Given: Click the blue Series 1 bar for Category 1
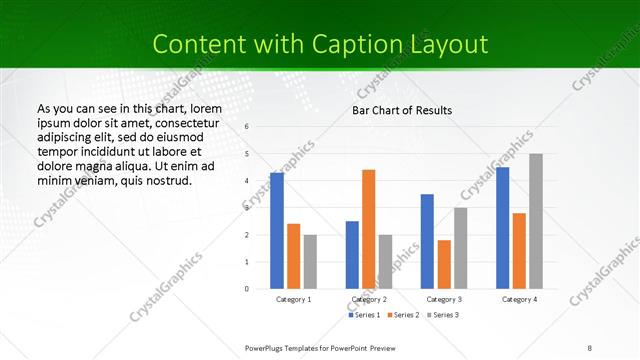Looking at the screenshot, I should tap(277, 231).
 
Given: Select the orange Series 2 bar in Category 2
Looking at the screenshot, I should tap(369, 229).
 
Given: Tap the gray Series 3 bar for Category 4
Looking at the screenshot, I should tap(536, 221).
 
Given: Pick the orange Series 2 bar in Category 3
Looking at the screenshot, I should tap(444, 264).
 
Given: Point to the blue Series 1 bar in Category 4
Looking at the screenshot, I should tap(502, 228).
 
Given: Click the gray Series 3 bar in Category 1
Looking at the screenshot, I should tap(310, 262).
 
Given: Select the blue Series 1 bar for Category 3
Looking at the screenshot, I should tap(427, 241).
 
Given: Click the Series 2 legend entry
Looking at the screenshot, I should tap(402, 315).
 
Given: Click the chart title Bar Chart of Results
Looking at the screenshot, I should tap(402, 110).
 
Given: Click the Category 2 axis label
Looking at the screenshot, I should tap(369, 299).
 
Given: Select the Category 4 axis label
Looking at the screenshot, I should tap(519, 299).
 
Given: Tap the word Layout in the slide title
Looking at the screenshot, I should tap(449, 44).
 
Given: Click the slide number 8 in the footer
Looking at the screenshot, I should tap(590, 347).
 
